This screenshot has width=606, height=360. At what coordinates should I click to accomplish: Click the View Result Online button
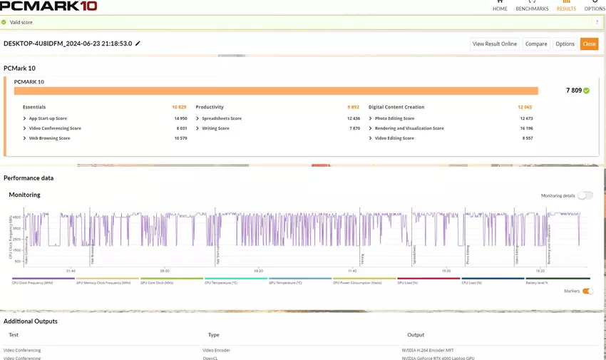pyautogui.click(x=495, y=43)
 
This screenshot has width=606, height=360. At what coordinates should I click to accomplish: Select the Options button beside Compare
pyautogui.click(x=565, y=43)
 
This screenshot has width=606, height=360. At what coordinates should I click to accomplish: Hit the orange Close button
pyautogui.click(x=589, y=43)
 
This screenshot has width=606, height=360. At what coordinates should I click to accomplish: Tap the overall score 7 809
pyautogui.click(x=574, y=91)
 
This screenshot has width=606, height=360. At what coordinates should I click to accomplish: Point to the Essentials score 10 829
pyautogui.click(x=179, y=107)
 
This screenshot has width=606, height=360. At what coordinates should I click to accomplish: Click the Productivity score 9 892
pyautogui.click(x=353, y=107)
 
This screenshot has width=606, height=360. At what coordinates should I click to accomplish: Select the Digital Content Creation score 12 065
pyautogui.click(x=525, y=107)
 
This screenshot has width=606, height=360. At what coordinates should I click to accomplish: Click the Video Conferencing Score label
pyautogui.click(x=55, y=128)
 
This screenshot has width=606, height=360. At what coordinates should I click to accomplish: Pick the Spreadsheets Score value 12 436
pyautogui.click(x=353, y=118)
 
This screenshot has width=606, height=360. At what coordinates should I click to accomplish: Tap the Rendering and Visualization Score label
pyautogui.click(x=409, y=128)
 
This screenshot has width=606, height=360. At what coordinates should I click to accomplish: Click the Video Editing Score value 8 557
pyautogui.click(x=527, y=138)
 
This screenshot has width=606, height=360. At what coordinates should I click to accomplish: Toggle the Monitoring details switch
pyautogui.click(x=585, y=195)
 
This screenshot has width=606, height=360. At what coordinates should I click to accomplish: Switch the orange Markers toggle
pyautogui.click(x=587, y=291)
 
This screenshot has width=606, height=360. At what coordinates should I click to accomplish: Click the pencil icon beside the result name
pyautogui.click(x=138, y=43)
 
